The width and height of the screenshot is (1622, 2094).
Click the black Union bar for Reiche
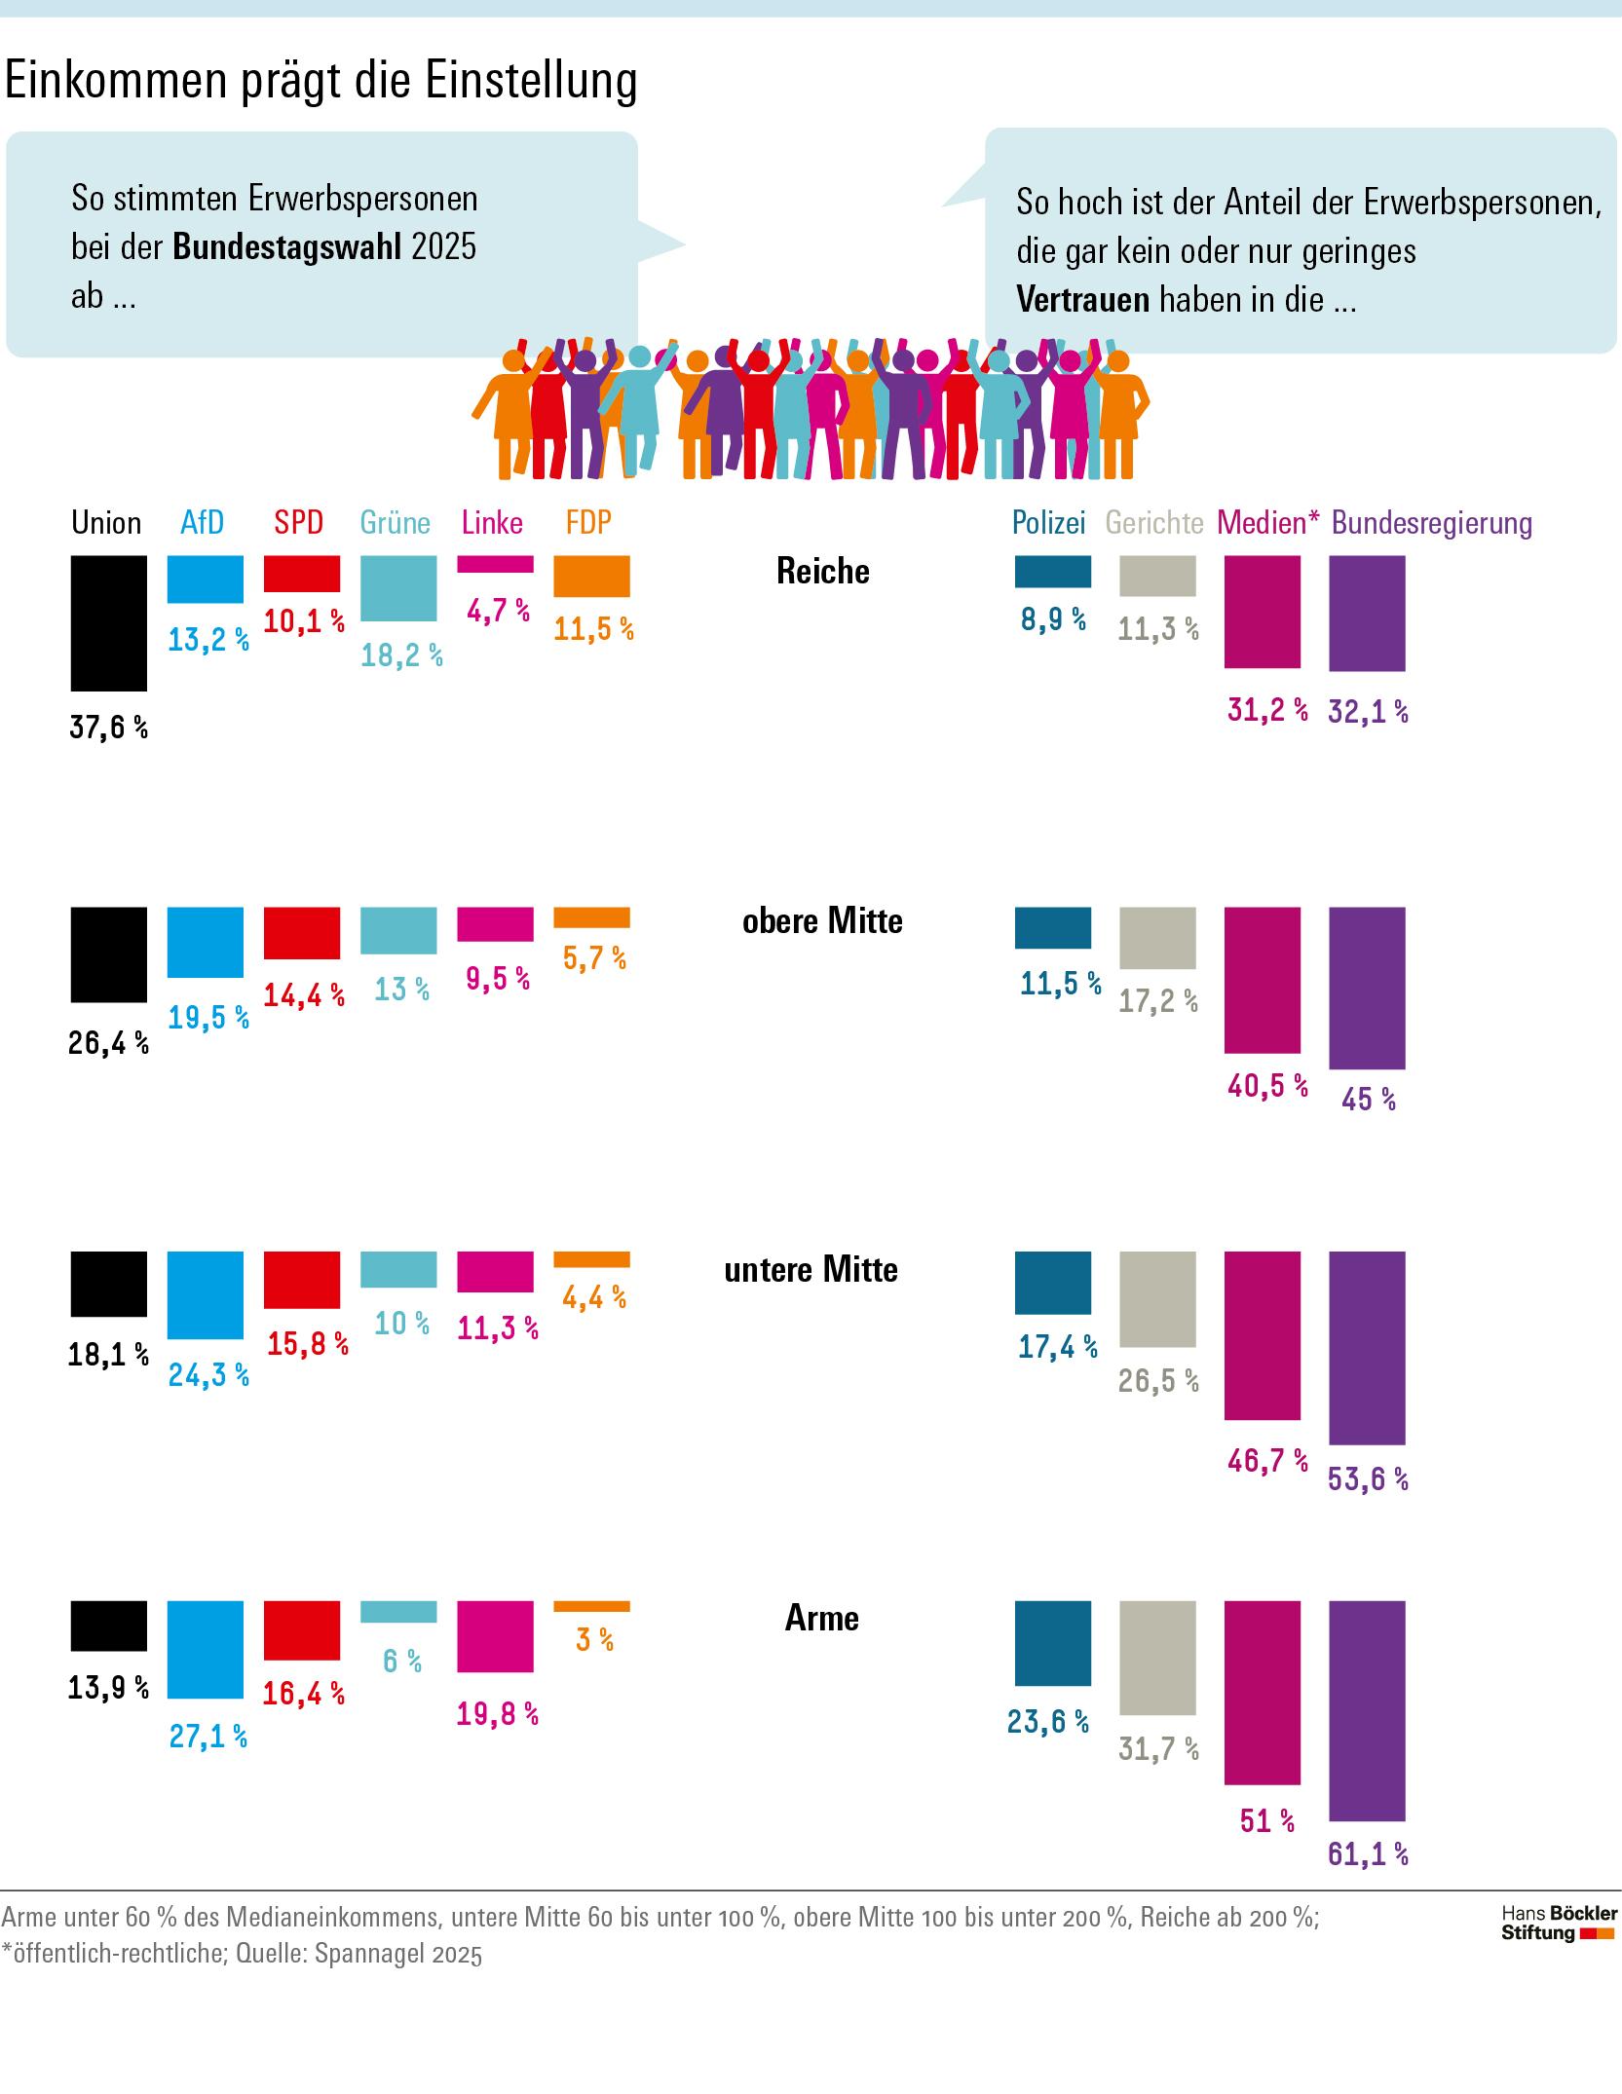(x=109, y=623)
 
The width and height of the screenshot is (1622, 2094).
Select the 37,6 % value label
(x=108, y=728)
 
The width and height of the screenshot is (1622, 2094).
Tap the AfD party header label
(x=202, y=523)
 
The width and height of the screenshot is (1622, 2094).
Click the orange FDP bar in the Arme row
(x=591, y=1606)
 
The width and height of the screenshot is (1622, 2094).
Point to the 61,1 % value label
(x=1368, y=1853)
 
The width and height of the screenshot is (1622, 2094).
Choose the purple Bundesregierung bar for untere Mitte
(x=1367, y=1347)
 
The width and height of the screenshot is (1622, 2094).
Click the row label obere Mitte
(x=822, y=920)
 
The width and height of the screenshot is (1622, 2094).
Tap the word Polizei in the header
(x=1048, y=523)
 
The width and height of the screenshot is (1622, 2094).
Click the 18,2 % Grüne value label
(x=401, y=655)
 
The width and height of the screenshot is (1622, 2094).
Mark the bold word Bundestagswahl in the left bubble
(x=287, y=247)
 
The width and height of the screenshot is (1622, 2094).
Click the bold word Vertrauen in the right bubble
(x=1083, y=299)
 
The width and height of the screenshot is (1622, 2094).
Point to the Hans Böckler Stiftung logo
(x=1558, y=1925)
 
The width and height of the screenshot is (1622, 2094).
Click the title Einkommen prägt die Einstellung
(x=321, y=81)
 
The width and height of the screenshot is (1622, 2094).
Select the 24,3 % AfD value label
(x=208, y=1375)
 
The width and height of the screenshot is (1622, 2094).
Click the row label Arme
(x=821, y=1618)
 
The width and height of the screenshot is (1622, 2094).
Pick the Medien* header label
(x=1267, y=523)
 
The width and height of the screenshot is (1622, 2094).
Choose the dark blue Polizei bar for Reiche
(x=1052, y=572)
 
